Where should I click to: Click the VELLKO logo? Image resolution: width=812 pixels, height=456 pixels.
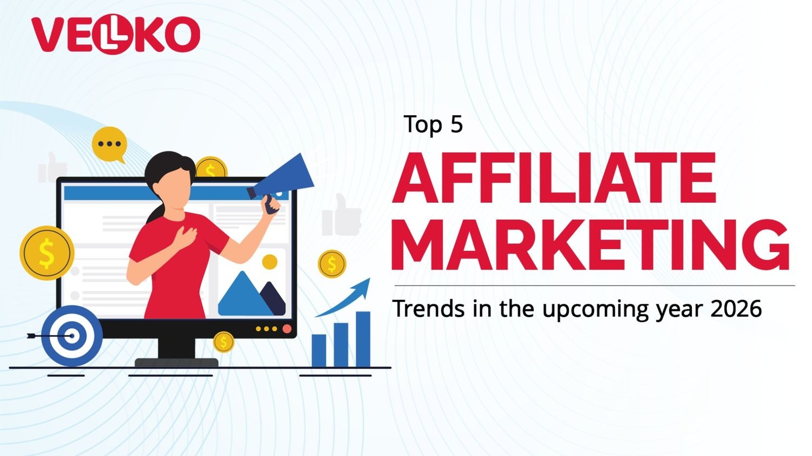(x=115, y=35)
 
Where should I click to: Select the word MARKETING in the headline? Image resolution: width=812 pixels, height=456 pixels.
(x=590, y=244)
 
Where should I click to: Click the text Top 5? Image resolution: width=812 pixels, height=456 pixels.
(x=433, y=124)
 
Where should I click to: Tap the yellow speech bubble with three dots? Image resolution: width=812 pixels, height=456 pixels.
(x=109, y=144)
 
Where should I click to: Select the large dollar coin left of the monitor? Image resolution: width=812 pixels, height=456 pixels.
(x=47, y=253)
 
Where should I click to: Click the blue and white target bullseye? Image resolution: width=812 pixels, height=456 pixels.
(x=71, y=336)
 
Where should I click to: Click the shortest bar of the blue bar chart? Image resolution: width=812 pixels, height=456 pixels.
(x=319, y=351)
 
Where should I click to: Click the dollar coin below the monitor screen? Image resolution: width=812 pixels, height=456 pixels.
(x=223, y=342)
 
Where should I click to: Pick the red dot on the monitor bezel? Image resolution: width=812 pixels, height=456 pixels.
(x=287, y=329)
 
